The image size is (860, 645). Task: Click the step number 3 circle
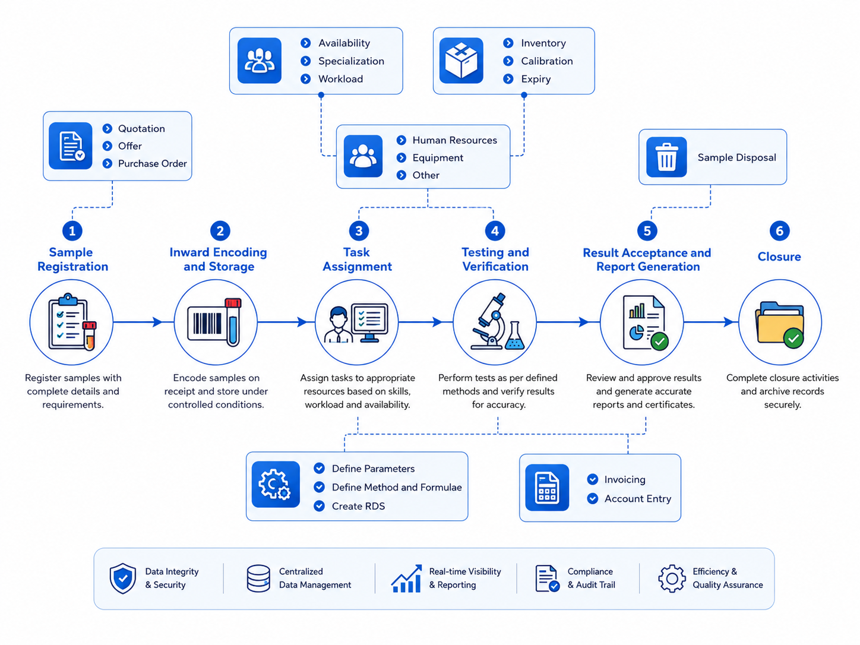pyautogui.click(x=359, y=230)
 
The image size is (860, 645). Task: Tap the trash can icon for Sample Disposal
pyautogui.click(x=666, y=157)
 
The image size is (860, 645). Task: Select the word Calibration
pyautogui.click(x=546, y=61)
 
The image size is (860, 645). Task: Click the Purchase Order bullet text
pyautogui.click(x=153, y=163)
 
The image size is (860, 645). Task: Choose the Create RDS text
pyautogui.click(x=358, y=506)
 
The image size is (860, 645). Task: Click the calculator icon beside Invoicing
pyautogui.click(x=547, y=487)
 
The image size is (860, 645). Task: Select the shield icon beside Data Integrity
pyautogui.click(x=122, y=578)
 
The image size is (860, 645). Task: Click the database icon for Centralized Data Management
pyautogui.click(x=258, y=578)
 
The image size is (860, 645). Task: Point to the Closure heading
pyautogui.click(x=779, y=257)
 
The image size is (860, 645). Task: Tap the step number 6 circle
pyautogui.click(x=779, y=230)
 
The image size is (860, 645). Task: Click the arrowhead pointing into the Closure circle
pyautogui.click(x=728, y=322)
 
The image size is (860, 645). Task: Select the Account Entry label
pyautogui.click(x=637, y=498)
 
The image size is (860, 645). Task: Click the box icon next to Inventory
pyautogui.click(x=461, y=61)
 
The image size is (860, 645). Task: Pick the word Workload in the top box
pyautogui.click(x=340, y=79)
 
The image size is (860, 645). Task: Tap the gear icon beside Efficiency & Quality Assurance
pyautogui.click(x=672, y=578)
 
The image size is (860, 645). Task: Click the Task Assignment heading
pyautogui.click(x=357, y=260)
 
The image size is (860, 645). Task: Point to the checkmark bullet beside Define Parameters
pyautogui.click(x=319, y=468)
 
